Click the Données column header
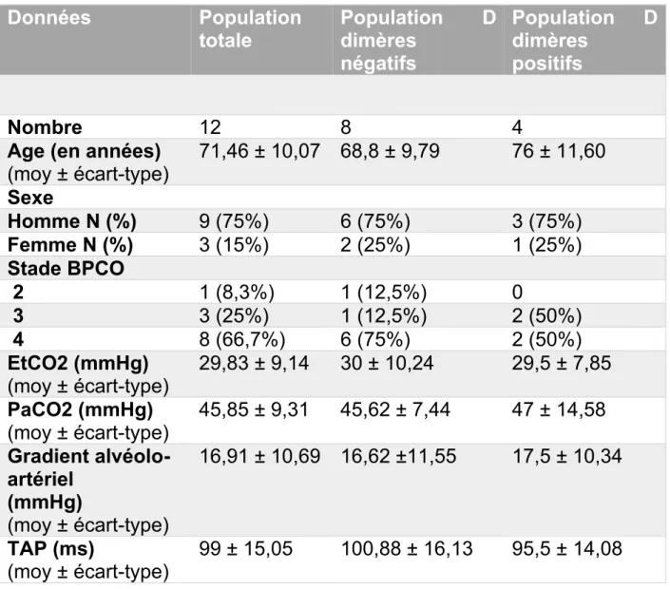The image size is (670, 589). pyautogui.click(x=49, y=18)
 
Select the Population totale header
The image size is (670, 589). pyautogui.click(x=250, y=29)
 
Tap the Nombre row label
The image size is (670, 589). pyautogui.click(x=45, y=127)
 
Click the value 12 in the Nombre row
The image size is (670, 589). pyautogui.click(x=210, y=127)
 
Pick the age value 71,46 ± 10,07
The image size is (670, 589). pyautogui.click(x=259, y=151)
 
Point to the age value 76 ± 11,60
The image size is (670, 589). pyautogui.click(x=559, y=151)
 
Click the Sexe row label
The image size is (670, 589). pyautogui.click(x=30, y=198)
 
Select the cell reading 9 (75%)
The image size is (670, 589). pyautogui.click(x=234, y=221)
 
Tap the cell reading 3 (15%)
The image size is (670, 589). pyautogui.click(x=234, y=245)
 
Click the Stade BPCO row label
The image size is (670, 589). pyautogui.click(x=66, y=268)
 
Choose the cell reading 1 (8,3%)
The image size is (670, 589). pyautogui.click(x=237, y=293)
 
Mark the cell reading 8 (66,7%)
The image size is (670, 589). pyautogui.click(x=242, y=339)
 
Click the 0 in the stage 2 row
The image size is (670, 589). pyautogui.click(x=517, y=293)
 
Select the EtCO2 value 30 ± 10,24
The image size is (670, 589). pyautogui.click(x=387, y=363)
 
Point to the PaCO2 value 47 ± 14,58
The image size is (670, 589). pyautogui.click(x=559, y=409)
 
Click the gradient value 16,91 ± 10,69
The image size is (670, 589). pyautogui.click(x=259, y=456)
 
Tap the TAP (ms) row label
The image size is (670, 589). pyautogui.click(x=51, y=549)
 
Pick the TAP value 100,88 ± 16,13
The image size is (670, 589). pyautogui.click(x=407, y=549)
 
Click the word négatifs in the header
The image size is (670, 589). pyautogui.click(x=378, y=64)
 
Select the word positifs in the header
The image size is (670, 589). pyautogui.click(x=547, y=64)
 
